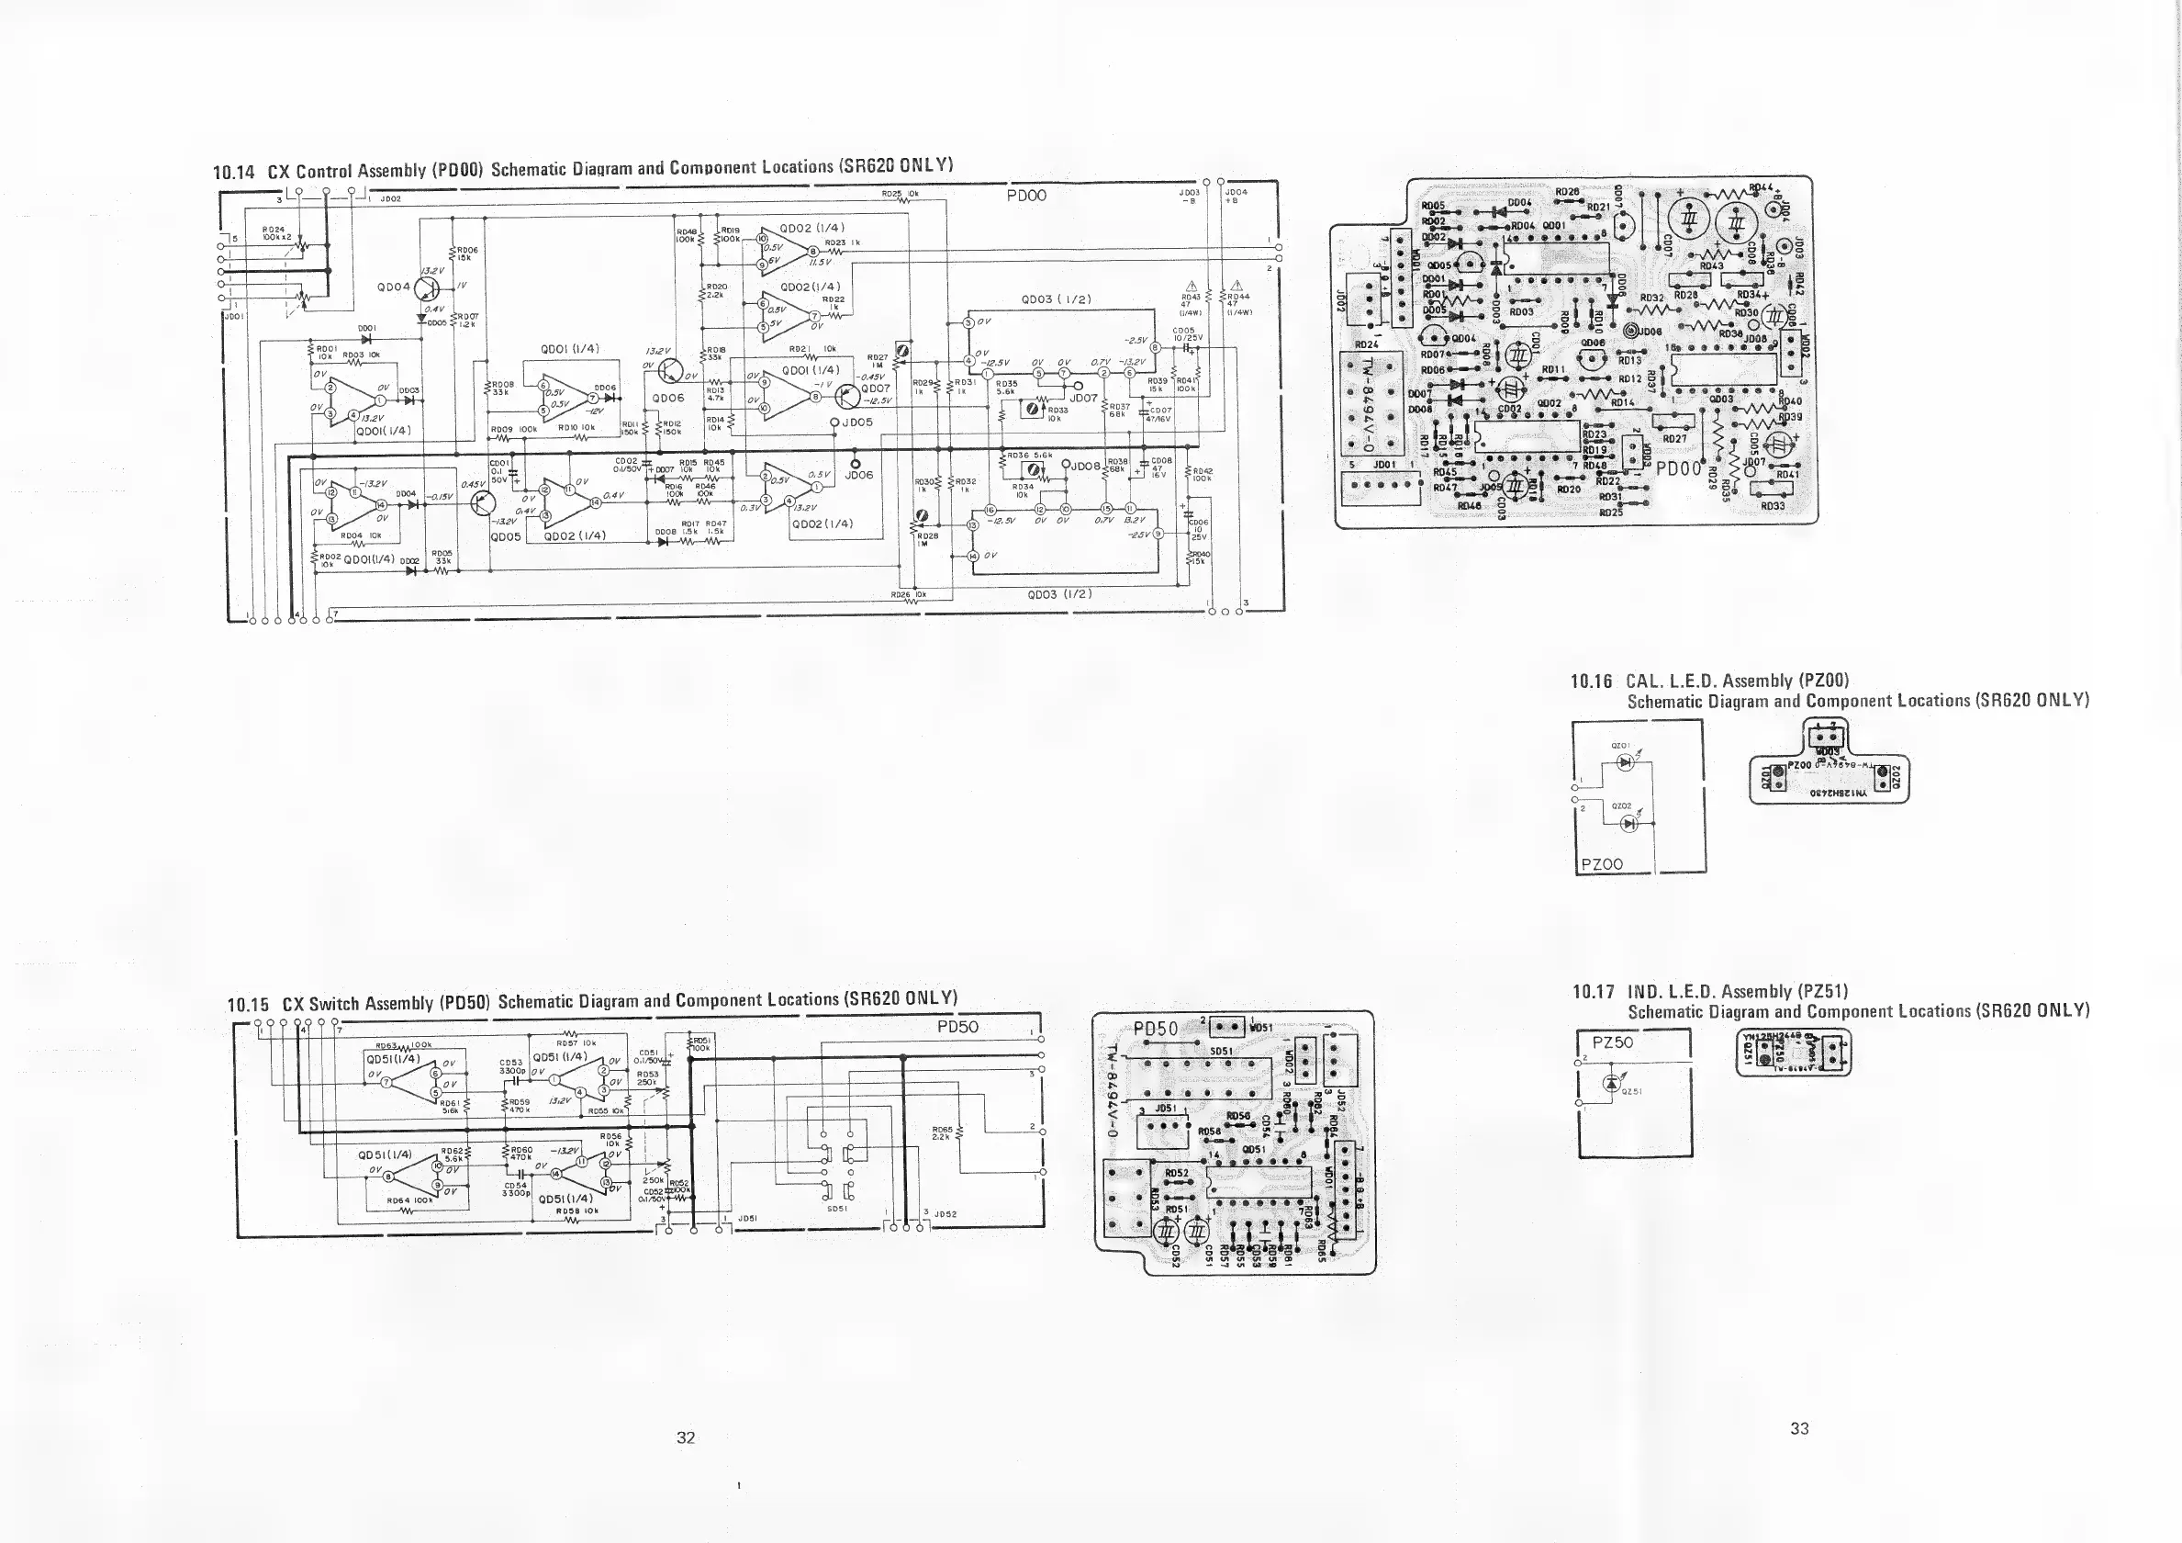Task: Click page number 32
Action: click(x=685, y=1437)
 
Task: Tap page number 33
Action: click(x=1799, y=1428)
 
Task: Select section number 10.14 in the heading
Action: click(x=234, y=172)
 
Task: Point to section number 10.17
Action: click(x=1593, y=993)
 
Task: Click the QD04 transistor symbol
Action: click(x=424, y=287)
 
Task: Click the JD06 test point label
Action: click(x=858, y=476)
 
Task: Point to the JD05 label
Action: click(x=856, y=422)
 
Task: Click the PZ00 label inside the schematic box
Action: click(x=1601, y=863)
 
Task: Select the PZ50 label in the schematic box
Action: click(x=1613, y=1042)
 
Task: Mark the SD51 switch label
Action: click(x=836, y=1209)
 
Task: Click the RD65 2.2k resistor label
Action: click(x=943, y=1133)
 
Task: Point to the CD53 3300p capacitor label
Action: click(x=511, y=1066)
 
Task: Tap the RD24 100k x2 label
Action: click(x=274, y=233)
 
